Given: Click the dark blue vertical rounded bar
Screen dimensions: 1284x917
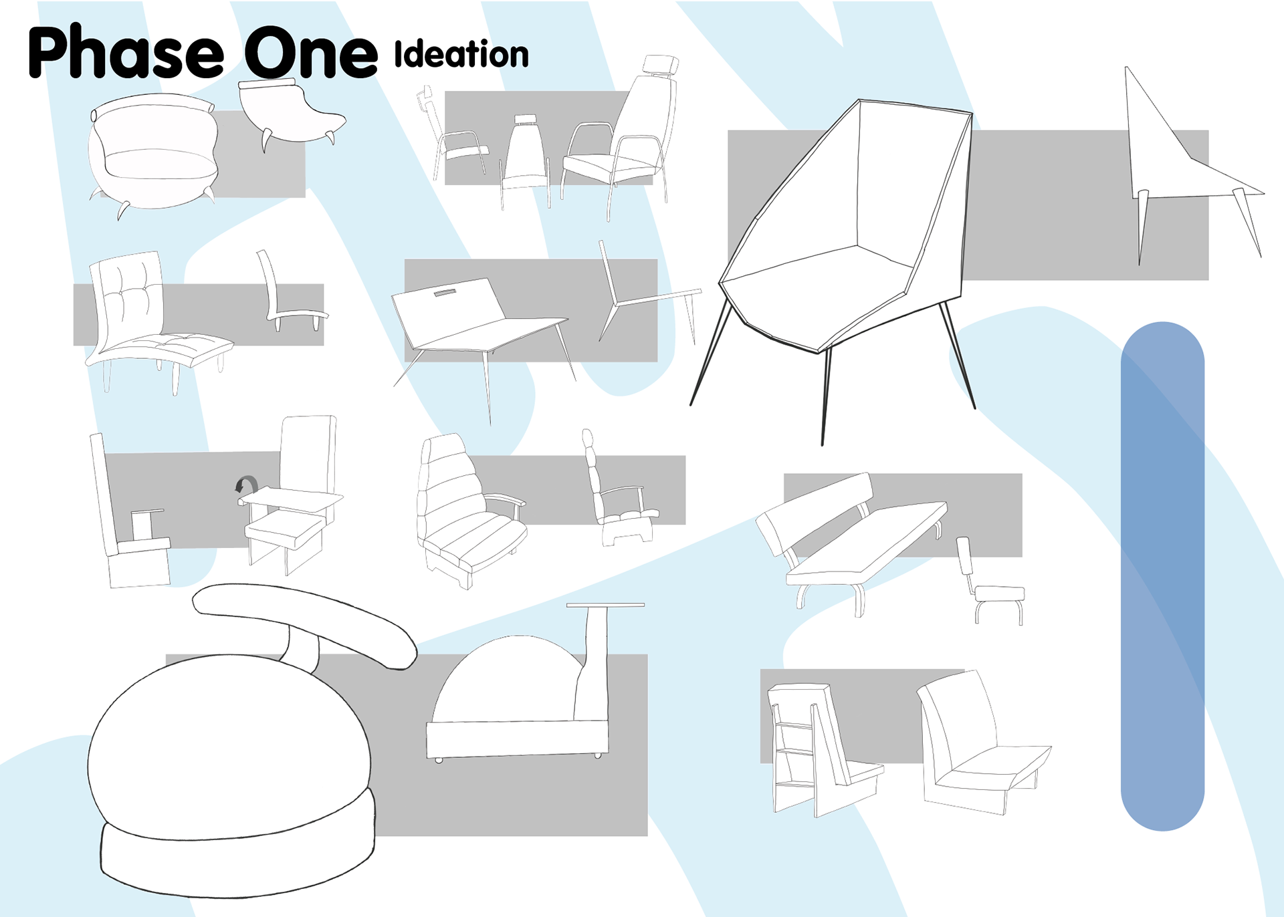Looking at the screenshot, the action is tap(1162, 575).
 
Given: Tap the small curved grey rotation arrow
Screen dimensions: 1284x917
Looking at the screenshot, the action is tap(247, 484).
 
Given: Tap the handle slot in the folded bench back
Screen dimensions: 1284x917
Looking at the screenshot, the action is tap(453, 293).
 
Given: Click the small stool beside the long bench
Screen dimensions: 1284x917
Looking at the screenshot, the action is tap(996, 595).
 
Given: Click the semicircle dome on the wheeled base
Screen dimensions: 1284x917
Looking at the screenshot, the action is tap(505, 682).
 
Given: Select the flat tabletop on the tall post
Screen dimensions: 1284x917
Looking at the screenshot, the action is tap(606, 605).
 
